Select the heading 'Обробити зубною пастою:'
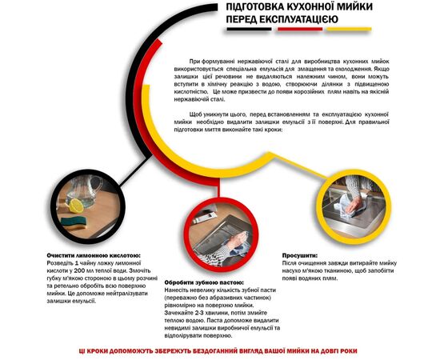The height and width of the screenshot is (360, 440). [x=205, y=282]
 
